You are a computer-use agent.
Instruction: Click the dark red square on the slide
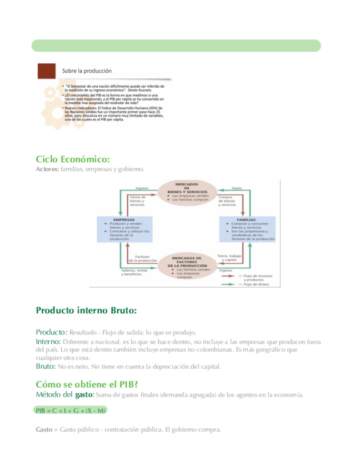click(46, 71)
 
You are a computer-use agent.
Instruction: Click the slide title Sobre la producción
click(87, 71)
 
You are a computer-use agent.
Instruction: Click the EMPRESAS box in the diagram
click(124, 229)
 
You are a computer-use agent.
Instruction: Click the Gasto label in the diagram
click(236, 188)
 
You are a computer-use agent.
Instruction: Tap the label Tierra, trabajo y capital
click(230, 258)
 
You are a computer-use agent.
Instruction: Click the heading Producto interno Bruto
click(86, 310)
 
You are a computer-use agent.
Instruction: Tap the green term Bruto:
click(46, 367)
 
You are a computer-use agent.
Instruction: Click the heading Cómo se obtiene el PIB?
click(87, 384)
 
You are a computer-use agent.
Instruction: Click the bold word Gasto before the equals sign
click(44, 429)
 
